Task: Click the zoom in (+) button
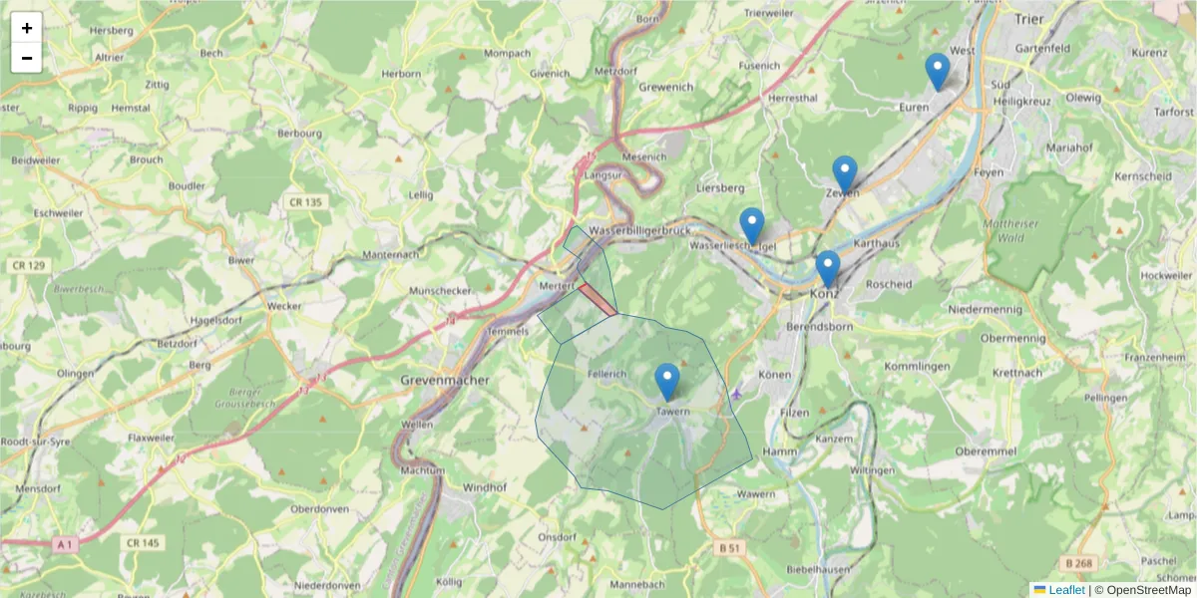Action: [x=27, y=28]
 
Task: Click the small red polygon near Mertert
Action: [x=598, y=300]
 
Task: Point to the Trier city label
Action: [x=1027, y=18]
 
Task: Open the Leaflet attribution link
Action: [x=1065, y=590]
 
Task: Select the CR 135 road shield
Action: [x=305, y=202]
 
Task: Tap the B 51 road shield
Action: [x=731, y=547]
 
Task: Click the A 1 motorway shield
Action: [x=65, y=543]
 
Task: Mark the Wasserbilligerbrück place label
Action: [x=639, y=230]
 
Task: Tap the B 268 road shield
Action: [x=1078, y=563]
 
